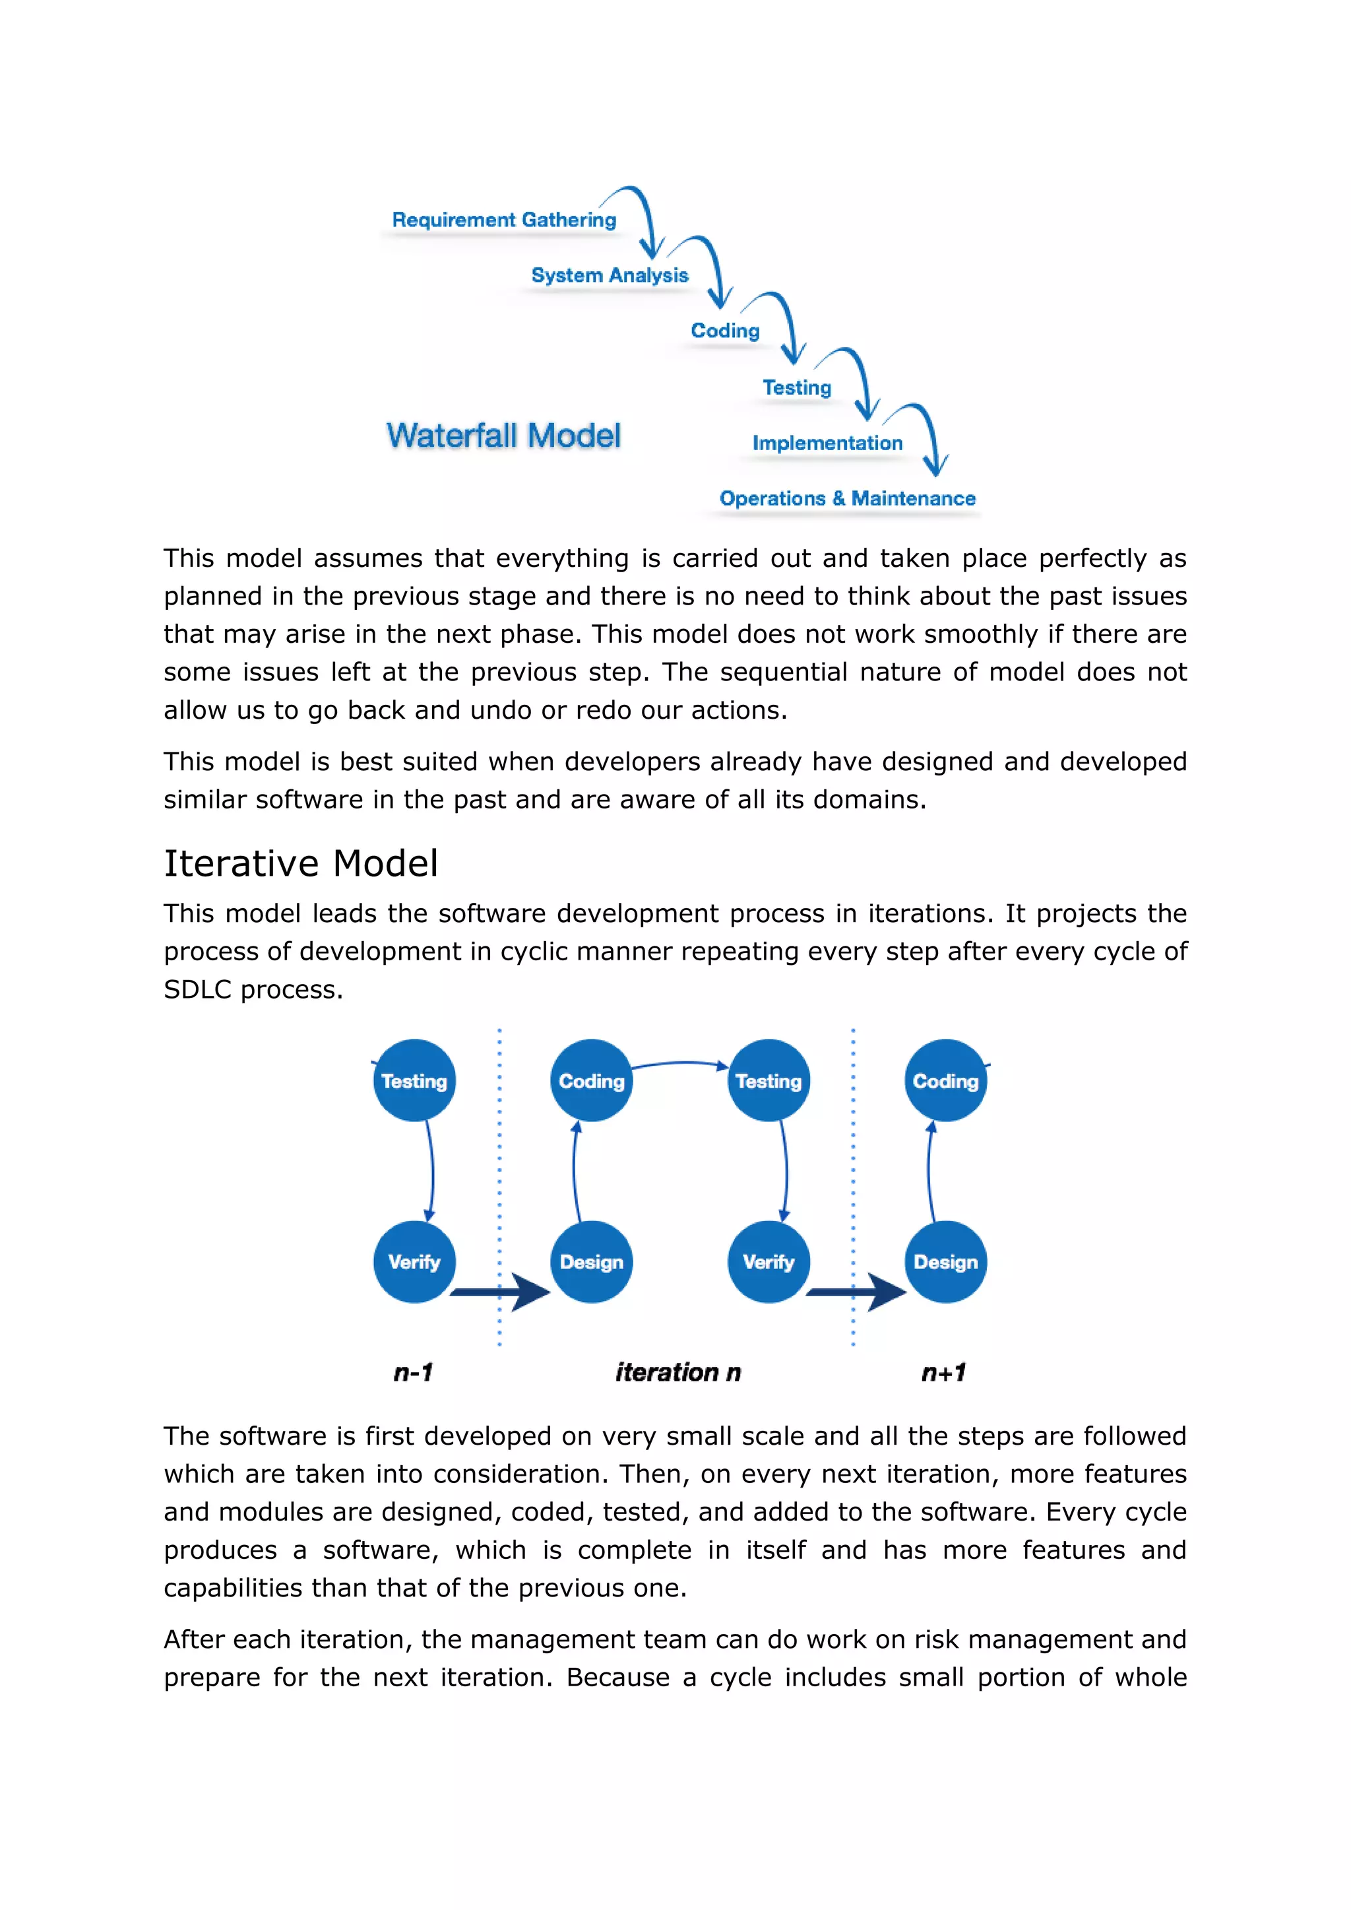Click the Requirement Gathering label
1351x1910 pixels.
point(504,220)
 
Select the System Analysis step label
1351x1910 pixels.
point(610,275)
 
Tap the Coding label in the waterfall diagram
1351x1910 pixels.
point(724,331)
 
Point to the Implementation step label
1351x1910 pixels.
point(827,443)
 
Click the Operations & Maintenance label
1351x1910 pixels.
point(847,498)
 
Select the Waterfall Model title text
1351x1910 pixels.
point(503,436)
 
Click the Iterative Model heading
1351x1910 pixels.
point(300,863)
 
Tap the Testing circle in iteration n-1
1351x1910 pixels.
point(414,1080)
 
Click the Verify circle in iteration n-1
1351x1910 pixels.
point(414,1262)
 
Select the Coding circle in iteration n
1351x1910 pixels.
point(592,1080)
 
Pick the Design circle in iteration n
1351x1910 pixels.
point(592,1262)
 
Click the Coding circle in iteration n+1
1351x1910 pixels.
point(946,1080)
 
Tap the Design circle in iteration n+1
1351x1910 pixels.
point(946,1262)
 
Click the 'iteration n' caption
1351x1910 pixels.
point(678,1372)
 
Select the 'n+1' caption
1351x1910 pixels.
point(943,1372)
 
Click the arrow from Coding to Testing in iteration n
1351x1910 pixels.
point(679,1064)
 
